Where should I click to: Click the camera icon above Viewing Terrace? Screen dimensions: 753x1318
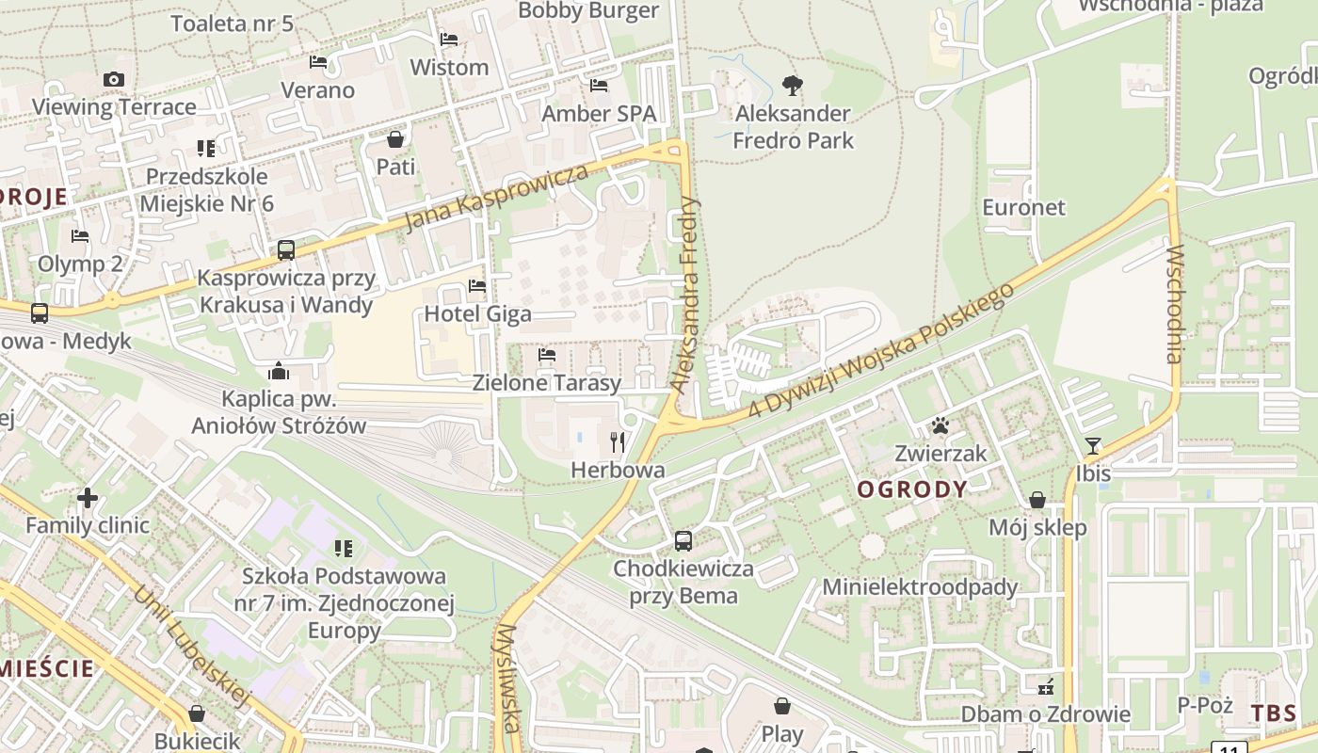coord(114,79)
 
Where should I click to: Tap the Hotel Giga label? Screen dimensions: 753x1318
coord(478,313)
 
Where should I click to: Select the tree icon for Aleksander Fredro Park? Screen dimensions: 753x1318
coord(793,86)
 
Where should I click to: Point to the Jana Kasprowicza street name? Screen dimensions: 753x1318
coord(496,198)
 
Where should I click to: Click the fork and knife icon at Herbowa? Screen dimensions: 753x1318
coord(618,441)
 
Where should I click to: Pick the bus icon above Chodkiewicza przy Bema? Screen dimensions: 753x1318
coord(683,541)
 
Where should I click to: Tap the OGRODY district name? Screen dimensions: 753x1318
coord(912,489)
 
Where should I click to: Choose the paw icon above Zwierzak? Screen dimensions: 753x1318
coord(940,425)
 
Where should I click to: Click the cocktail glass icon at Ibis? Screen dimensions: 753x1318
coord(1093,445)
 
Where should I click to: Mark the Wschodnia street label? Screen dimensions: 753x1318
coord(1174,304)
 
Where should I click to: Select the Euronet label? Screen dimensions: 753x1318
coord(1023,207)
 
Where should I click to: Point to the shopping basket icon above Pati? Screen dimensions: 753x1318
coord(395,139)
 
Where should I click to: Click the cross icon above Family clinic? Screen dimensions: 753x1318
coord(88,497)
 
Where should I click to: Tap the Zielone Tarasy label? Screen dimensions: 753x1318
coord(547,383)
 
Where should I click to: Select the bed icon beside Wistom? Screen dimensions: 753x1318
coord(449,40)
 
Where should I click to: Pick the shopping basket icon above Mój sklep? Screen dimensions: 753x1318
coord(1037,500)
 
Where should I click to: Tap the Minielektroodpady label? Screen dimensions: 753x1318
coord(920,587)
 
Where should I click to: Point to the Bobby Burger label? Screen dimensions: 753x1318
coord(588,10)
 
